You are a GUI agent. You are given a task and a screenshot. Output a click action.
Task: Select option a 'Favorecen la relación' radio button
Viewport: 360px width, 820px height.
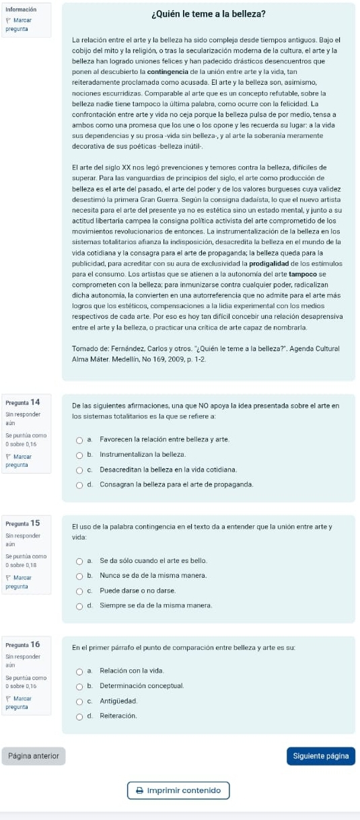tap(79, 439)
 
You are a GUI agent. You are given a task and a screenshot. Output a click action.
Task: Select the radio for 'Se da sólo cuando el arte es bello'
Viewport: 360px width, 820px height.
tap(79, 561)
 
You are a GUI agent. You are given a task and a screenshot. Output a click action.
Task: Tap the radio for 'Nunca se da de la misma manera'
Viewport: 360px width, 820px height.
tap(79, 576)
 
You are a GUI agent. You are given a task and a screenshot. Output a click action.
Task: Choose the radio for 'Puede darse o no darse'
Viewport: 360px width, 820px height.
tap(79, 591)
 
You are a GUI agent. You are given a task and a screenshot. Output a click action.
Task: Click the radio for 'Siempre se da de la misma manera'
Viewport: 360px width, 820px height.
tap(79, 605)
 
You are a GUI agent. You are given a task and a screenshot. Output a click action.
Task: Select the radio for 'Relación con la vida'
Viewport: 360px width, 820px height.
tap(79, 671)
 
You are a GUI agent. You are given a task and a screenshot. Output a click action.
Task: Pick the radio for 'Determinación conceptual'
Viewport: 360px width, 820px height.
tap(79, 685)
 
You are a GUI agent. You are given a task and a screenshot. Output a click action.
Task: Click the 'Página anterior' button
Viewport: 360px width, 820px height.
tap(34, 756)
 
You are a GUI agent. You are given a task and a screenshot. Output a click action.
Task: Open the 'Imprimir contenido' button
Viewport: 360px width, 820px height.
tap(178, 790)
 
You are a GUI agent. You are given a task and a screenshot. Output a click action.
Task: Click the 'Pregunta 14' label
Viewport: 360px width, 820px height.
tap(22, 402)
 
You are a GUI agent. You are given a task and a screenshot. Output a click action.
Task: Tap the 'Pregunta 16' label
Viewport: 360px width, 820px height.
tap(22, 644)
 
